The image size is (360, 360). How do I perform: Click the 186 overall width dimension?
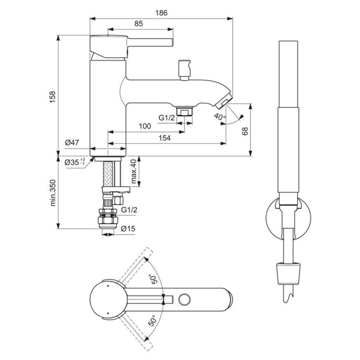161,13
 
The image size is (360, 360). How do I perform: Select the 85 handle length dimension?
139,23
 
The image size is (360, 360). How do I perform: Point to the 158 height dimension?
53,97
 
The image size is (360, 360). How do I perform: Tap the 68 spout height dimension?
245,131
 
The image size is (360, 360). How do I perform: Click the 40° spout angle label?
220,117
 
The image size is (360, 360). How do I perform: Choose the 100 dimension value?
145,126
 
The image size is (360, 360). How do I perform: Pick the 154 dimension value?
165,138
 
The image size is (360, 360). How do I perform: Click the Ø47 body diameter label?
72,143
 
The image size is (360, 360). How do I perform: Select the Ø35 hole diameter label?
75,162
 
